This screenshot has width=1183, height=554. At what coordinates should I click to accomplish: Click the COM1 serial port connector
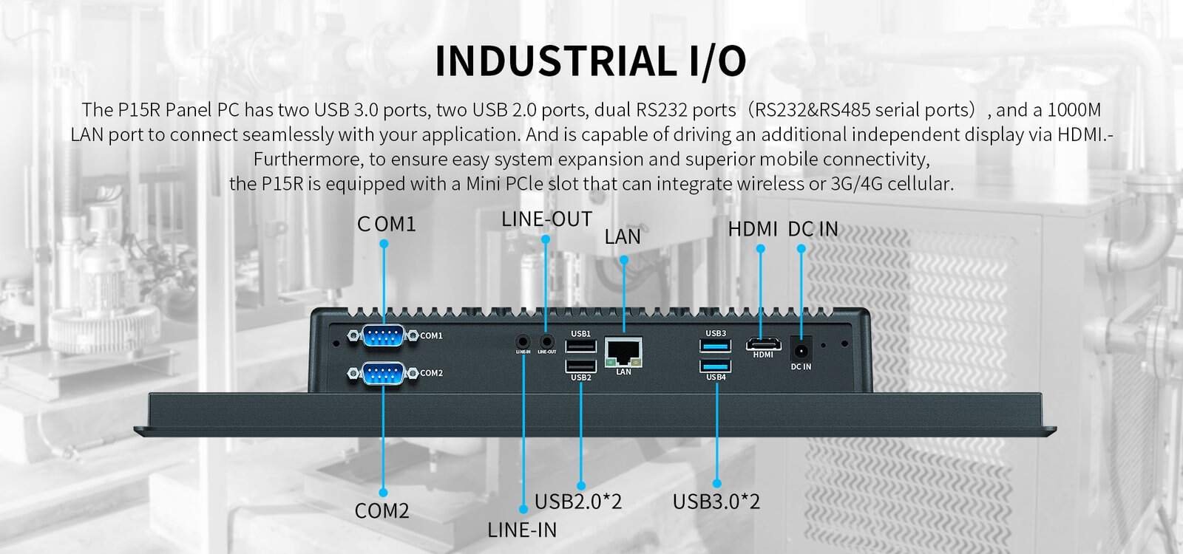[x=384, y=336]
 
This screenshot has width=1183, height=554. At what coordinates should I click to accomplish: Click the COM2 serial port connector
[x=384, y=373]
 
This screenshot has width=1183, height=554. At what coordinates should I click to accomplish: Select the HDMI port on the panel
[x=763, y=343]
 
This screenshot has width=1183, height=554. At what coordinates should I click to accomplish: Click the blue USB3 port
[x=716, y=346]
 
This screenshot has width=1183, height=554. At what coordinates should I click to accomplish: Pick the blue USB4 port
[x=716, y=366]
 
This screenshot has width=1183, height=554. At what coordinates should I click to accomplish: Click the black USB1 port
[x=581, y=346]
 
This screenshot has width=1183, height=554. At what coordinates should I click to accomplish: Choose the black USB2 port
[x=581, y=366]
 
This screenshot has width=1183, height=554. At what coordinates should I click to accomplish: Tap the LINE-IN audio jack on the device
[x=523, y=341]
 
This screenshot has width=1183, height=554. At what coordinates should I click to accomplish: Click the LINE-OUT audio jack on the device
[x=547, y=341]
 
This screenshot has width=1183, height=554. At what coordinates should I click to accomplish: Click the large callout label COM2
[x=382, y=510]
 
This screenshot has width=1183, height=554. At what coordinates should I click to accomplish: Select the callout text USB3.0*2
[x=716, y=502]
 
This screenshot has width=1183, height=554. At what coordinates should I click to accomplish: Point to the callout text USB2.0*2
[x=578, y=502]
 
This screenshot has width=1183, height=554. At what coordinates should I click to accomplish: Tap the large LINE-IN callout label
[x=522, y=530]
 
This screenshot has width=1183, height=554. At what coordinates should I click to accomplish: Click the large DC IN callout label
[x=813, y=229]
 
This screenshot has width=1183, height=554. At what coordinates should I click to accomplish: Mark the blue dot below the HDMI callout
[x=761, y=249]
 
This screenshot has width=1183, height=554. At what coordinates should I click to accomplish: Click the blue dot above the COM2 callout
[x=383, y=492]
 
